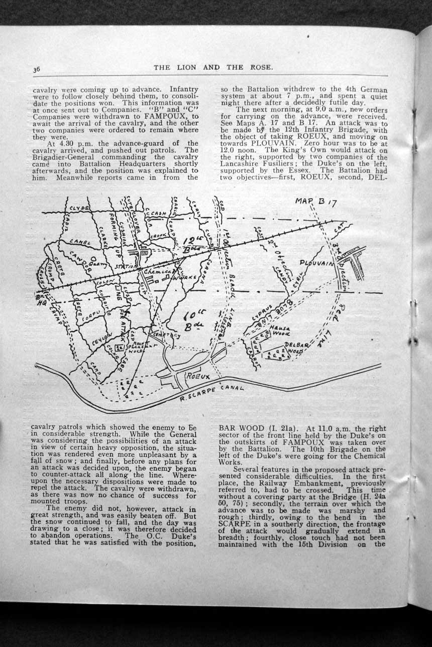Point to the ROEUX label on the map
pyautogui.click(x=198, y=376)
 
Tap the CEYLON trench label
pyautogui.click(x=100, y=339)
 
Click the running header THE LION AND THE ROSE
pyautogui.click(x=213, y=67)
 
